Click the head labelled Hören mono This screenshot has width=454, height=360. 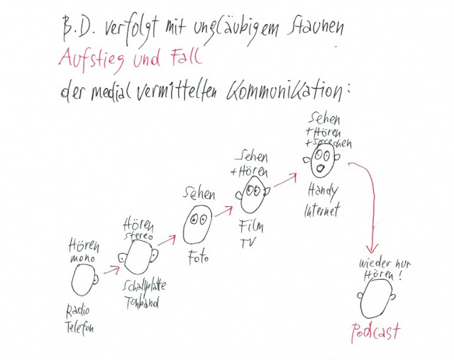click(84, 280)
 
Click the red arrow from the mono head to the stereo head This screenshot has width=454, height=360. click(111, 269)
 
